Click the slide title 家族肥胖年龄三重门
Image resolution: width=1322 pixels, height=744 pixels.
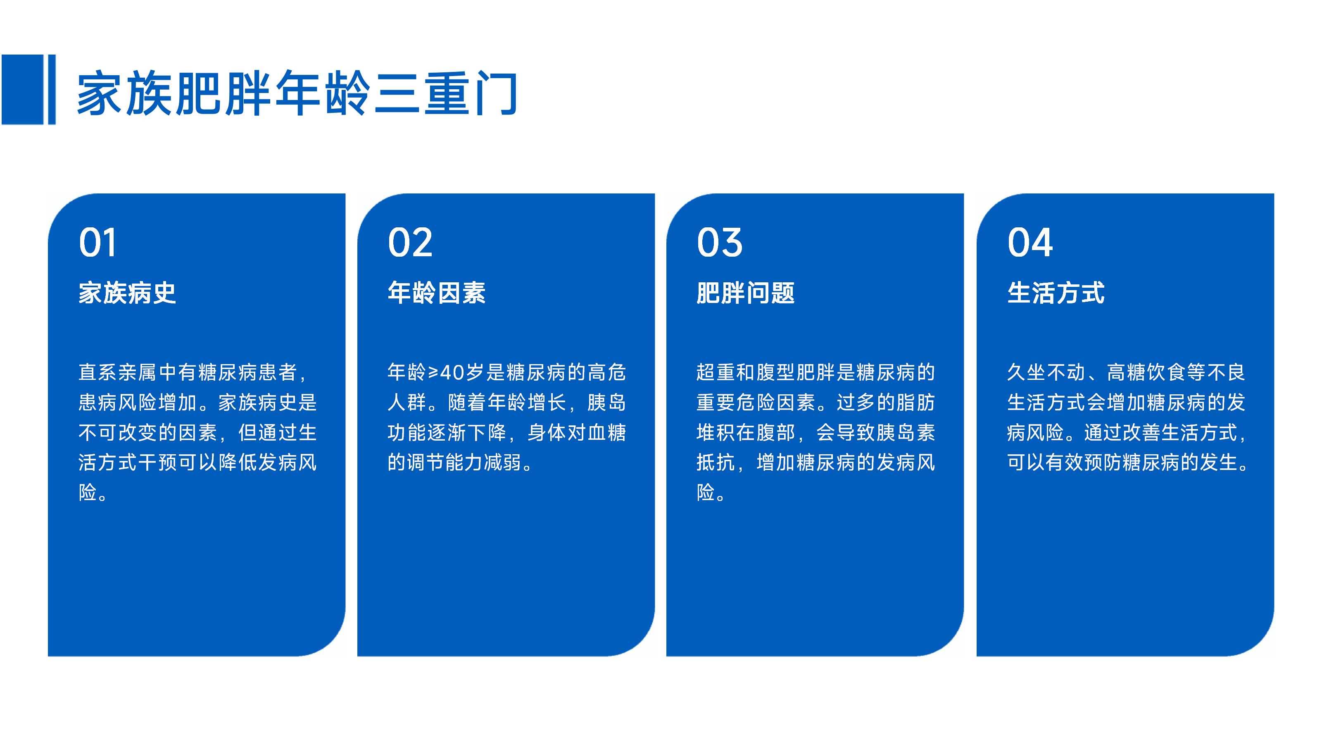pos(297,93)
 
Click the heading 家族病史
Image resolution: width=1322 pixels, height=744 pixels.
pos(127,293)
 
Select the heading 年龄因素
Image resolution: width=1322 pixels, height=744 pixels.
pos(437,293)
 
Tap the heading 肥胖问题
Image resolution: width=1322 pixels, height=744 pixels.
pos(746,293)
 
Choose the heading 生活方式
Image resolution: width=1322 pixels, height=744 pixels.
pos(1056,293)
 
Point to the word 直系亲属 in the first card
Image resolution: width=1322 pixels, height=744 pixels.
pos(118,372)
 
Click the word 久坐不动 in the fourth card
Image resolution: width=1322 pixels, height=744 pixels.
pos(1046,372)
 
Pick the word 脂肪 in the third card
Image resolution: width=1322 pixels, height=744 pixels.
pos(916,402)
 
